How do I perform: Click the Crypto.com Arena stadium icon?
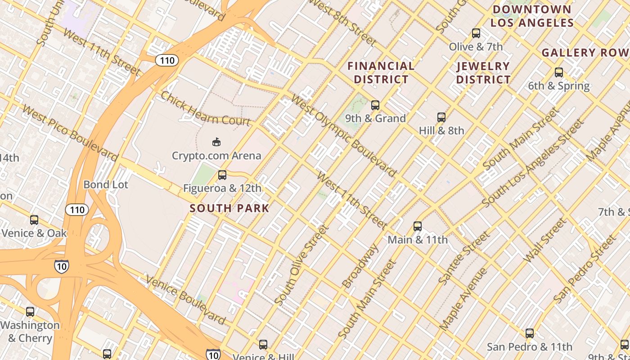pyautogui.click(x=216, y=142)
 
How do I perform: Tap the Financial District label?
pyautogui.click(x=381, y=73)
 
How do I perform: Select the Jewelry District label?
pyautogui.click(x=483, y=73)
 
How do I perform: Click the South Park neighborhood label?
pyautogui.click(x=229, y=208)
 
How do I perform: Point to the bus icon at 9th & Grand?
pyautogui.click(x=375, y=105)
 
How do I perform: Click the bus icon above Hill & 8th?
pyautogui.click(x=441, y=117)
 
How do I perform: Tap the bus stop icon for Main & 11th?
pyautogui.click(x=418, y=226)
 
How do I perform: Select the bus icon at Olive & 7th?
pyautogui.click(x=476, y=33)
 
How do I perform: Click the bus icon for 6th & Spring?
pyautogui.click(x=559, y=72)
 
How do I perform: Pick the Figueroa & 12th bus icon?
pyautogui.click(x=222, y=175)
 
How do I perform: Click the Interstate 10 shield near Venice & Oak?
pyautogui.click(x=62, y=266)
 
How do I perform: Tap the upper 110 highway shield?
pyautogui.click(x=167, y=60)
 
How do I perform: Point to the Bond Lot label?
pyautogui.click(x=106, y=184)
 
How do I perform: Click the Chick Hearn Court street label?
pyautogui.click(x=205, y=109)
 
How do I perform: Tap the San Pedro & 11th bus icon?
pyautogui.click(x=530, y=333)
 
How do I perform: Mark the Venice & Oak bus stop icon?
pyautogui.click(x=34, y=220)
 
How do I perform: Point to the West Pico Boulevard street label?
pyautogui.click(x=70, y=133)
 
